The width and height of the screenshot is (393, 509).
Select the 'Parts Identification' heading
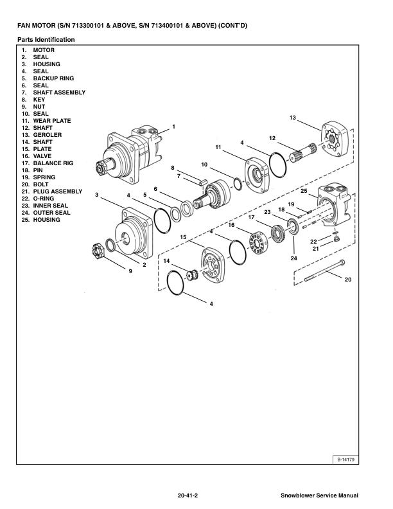(x=46, y=40)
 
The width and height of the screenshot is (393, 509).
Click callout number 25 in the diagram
(x=304, y=191)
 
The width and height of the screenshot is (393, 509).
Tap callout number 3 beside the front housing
(x=96, y=194)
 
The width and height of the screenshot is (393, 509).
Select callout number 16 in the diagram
(x=231, y=225)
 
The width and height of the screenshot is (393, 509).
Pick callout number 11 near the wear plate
(x=218, y=147)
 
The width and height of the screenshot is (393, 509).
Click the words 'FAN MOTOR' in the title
(x=37, y=25)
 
